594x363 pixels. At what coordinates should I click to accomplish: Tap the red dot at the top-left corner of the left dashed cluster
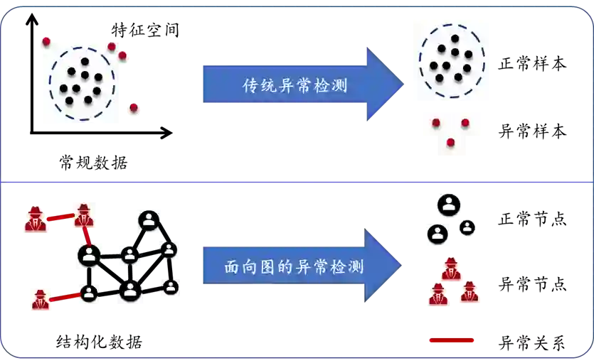coord(46,42)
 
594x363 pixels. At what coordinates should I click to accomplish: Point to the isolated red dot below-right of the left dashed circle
coord(133,108)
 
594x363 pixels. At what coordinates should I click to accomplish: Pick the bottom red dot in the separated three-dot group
coord(450,143)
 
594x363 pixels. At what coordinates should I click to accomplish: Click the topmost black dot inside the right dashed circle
coord(455,39)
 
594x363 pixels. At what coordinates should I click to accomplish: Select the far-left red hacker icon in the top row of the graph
coord(35,218)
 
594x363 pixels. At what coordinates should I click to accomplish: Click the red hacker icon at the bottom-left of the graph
coord(40,299)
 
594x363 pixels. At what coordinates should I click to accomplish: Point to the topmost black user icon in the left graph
coord(149,220)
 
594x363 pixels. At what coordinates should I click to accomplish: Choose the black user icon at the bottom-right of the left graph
coord(170,288)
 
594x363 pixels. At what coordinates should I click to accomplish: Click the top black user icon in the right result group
coord(448,205)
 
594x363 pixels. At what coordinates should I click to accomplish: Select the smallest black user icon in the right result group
coord(467,228)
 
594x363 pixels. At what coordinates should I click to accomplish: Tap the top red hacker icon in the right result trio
coord(450,269)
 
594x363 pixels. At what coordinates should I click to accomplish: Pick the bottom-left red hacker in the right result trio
coord(438,293)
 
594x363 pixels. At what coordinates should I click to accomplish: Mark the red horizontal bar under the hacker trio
coord(452,341)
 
